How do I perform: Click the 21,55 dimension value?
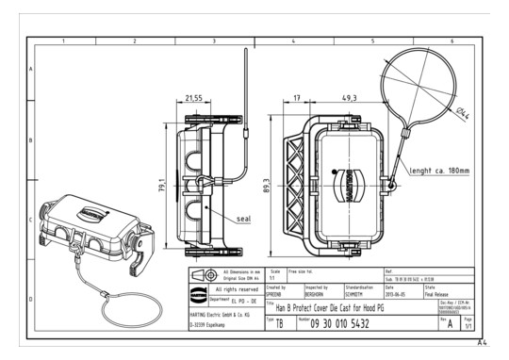pyautogui.click(x=193, y=98)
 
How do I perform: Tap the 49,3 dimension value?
pyautogui.click(x=349, y=98)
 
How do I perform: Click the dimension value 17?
pyautogui.click(x=297, y=98)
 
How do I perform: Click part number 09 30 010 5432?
pyautogui.click(x=350, y=322)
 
